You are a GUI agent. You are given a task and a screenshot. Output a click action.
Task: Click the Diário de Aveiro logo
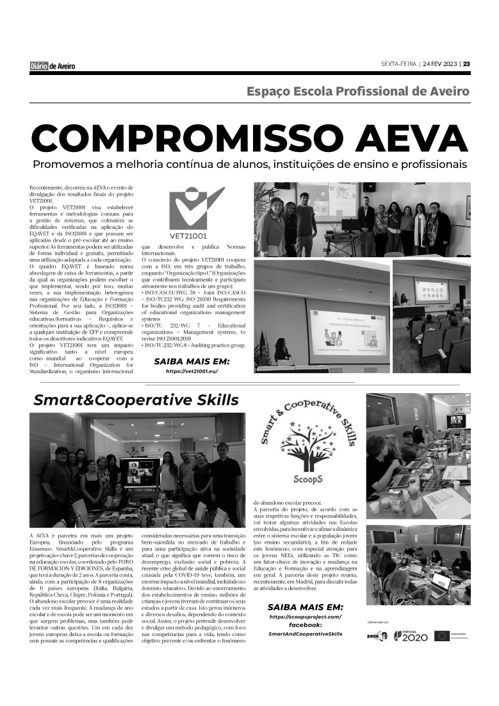53,65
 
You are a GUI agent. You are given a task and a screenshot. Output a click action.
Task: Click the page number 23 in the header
466,64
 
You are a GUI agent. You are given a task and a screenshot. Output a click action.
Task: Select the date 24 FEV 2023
441,64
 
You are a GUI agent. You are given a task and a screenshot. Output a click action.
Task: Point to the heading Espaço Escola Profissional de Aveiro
358,91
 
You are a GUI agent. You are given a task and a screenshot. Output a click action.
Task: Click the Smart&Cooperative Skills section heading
136,400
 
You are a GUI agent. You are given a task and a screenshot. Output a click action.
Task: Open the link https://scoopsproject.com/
305,616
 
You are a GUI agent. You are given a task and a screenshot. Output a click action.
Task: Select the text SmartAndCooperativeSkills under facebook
305,634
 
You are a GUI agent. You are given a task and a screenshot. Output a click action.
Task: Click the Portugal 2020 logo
411,636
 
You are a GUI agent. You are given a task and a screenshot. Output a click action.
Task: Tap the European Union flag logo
442,635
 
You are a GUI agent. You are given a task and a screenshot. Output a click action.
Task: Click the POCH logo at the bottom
377,636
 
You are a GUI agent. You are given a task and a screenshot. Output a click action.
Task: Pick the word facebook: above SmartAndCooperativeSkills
305,625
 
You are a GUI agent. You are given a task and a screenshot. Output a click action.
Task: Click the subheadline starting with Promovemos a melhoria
250,164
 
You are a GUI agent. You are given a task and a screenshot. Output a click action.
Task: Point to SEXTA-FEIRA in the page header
398,64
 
